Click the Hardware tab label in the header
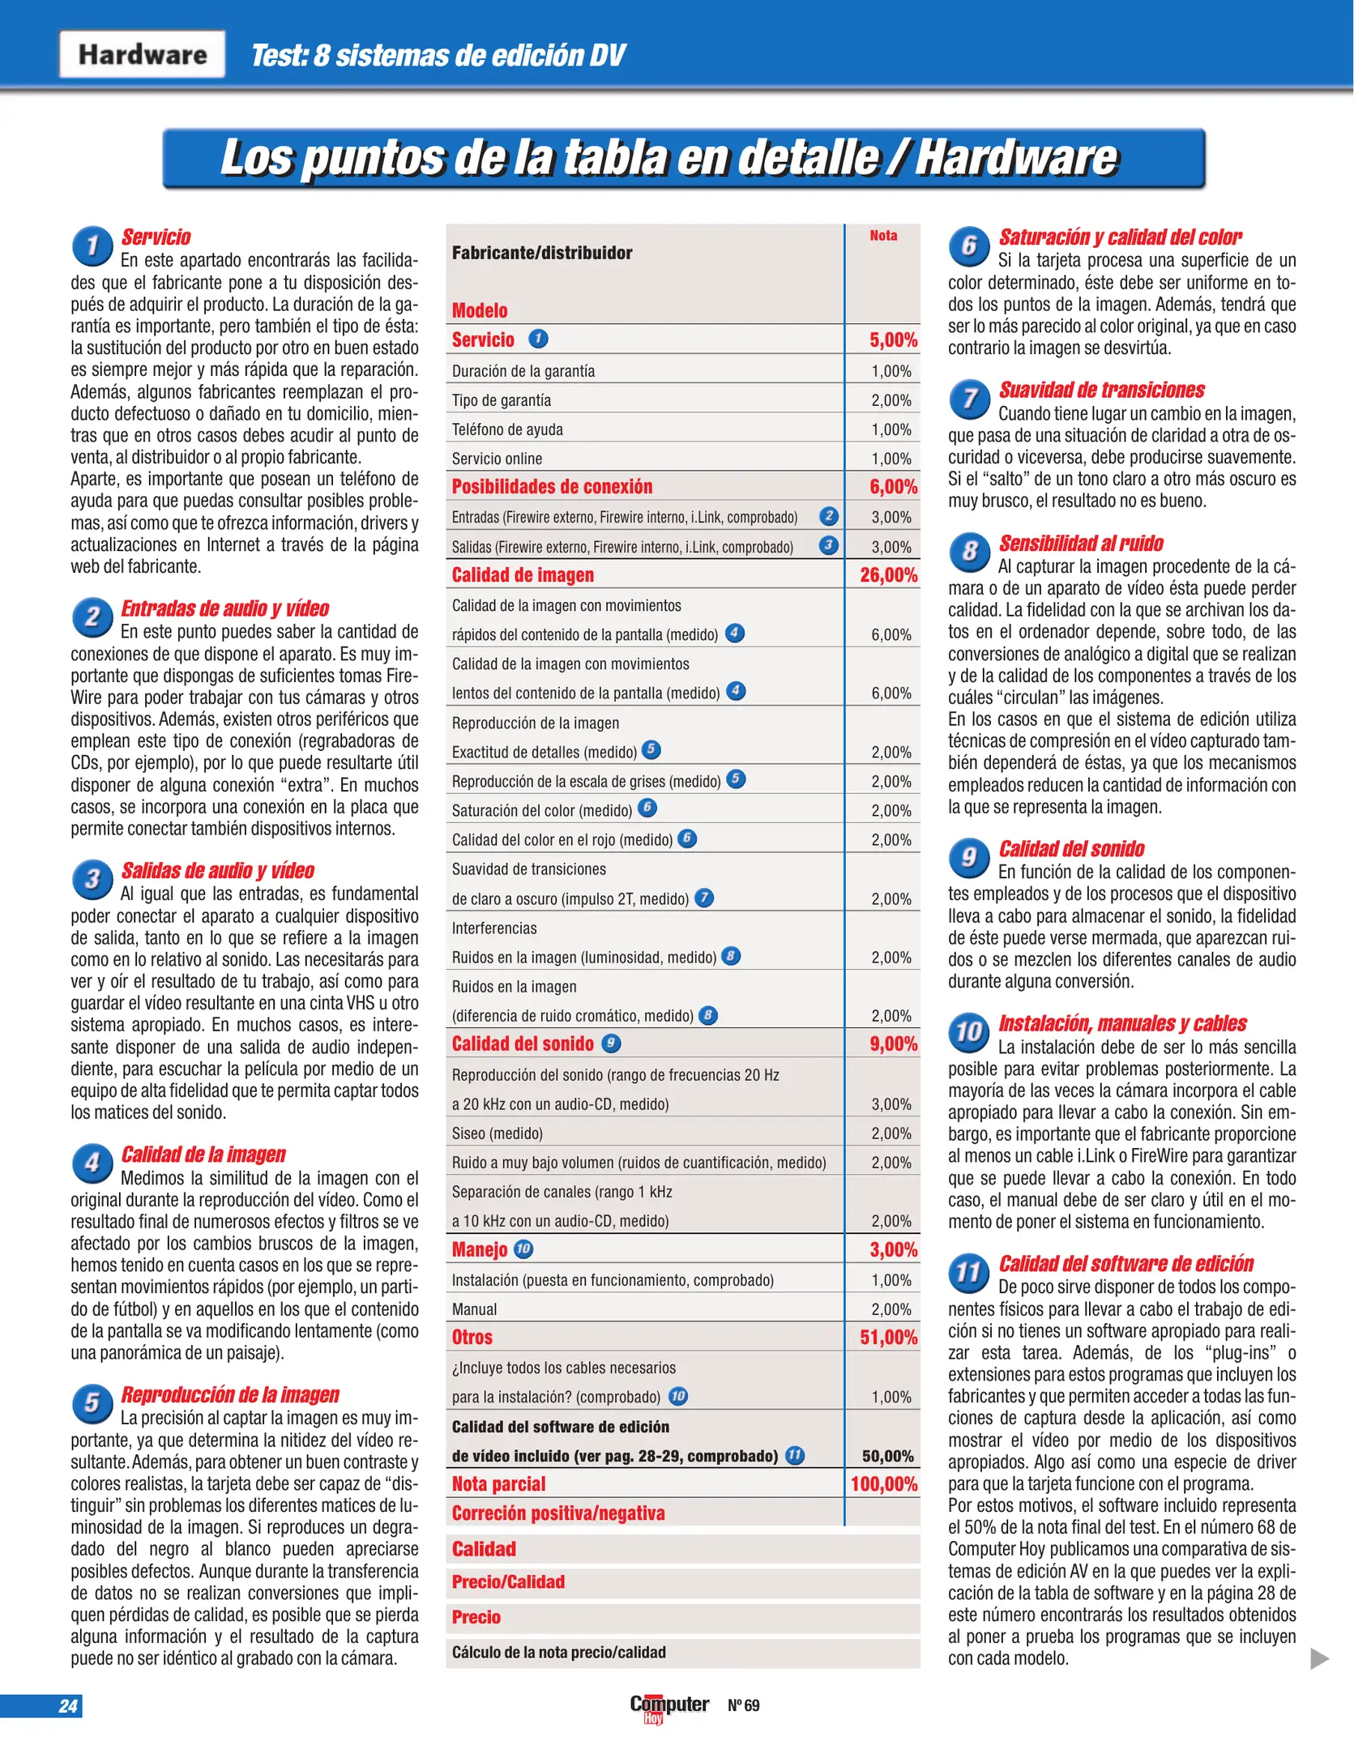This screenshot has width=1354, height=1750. point(142,54)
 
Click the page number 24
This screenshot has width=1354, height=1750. point(68,1705)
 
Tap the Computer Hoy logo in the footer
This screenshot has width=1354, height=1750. point(668,1706)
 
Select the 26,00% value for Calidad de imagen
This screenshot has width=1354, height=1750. point(888,574)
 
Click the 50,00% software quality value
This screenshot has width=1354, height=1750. point(887,1456)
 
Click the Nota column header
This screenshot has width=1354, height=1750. point(883,236)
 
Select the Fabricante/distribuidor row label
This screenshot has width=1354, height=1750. point(542,253)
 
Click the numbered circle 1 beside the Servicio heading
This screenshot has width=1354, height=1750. point(92,245)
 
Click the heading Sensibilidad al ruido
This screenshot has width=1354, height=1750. point(1081,543)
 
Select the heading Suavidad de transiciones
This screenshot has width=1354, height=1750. point(1101,390)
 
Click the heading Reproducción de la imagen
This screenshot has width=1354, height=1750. point(230,1394)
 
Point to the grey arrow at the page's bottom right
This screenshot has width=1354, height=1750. point(1319,1658)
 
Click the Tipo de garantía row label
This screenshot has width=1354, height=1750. point(502,400)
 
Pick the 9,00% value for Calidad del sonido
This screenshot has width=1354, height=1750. point(893,1044)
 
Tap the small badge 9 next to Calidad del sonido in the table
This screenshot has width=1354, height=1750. point(611,1044)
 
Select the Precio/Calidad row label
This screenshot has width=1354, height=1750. point(508,1581)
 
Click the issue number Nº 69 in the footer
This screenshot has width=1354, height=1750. point(744,1705)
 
